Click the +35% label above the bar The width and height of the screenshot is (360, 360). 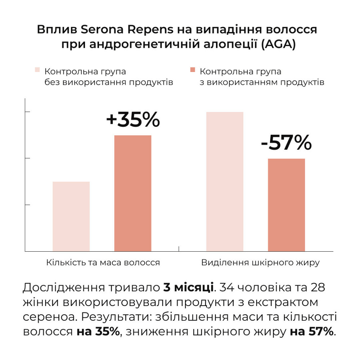click(133, 120)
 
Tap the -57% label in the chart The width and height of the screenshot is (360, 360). click(286, 143)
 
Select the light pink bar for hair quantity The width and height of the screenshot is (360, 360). click(71, 216)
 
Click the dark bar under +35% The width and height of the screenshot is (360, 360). click(133, 193)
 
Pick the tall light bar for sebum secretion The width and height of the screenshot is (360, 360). click(225, 181)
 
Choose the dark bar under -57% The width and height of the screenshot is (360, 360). click(287, 205)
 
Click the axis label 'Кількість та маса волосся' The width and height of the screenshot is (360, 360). click(103, 262)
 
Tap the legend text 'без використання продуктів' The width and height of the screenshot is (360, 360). click(109, 82)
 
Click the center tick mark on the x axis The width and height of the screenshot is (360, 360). click(179, 248)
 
